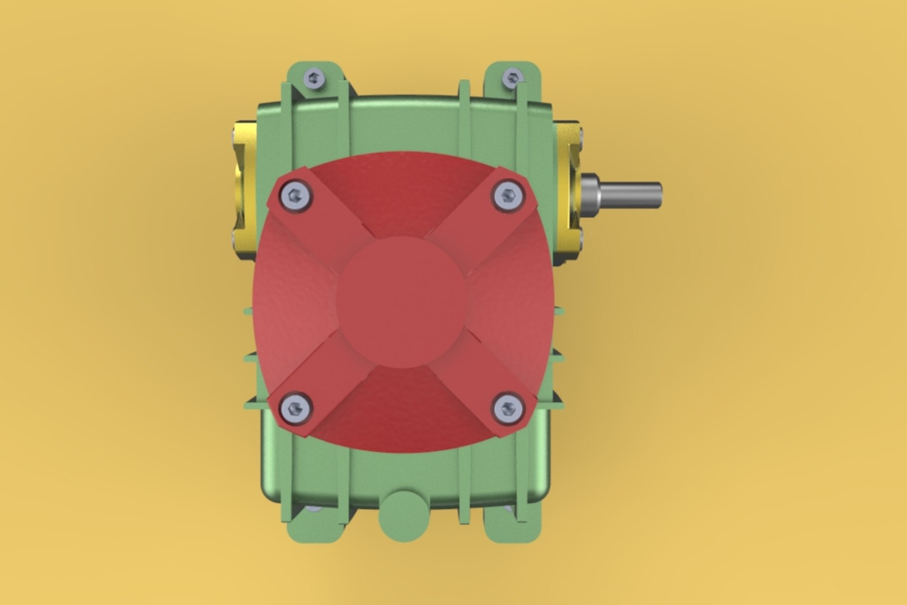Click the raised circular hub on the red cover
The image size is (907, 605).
point(403,302)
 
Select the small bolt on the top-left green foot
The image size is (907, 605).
point(314,78)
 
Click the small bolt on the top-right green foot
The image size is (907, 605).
point(512,77)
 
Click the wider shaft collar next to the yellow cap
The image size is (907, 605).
point(591,191)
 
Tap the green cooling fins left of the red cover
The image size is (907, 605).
point(249,359)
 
